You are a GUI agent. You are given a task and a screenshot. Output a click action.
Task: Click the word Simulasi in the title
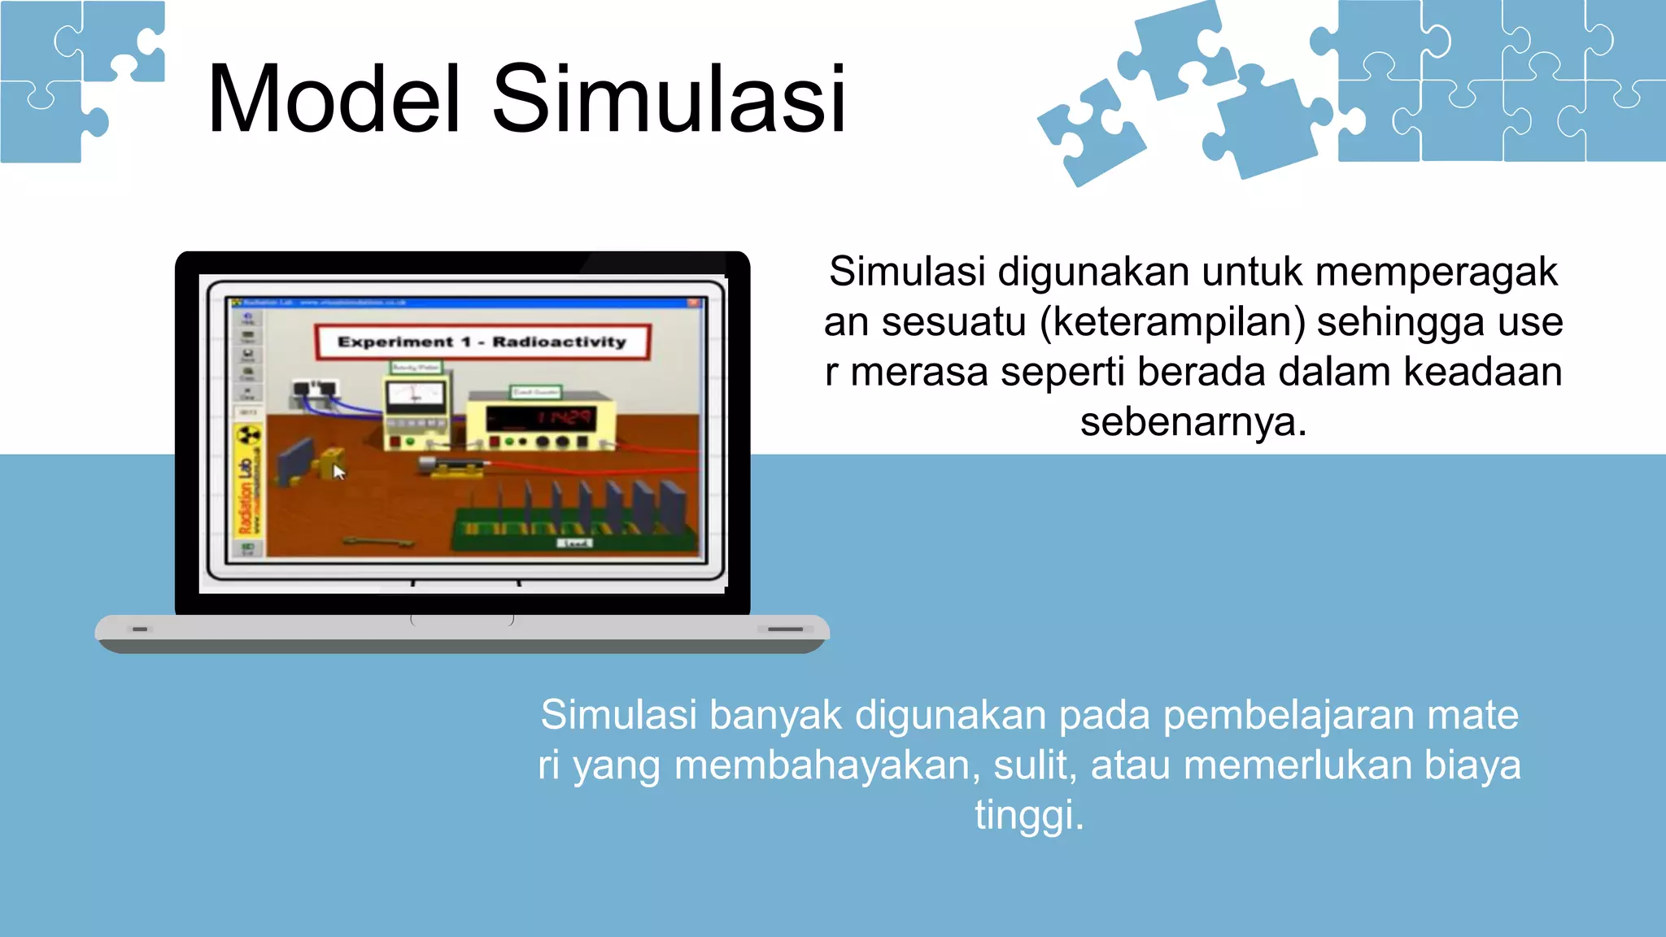(669, 99)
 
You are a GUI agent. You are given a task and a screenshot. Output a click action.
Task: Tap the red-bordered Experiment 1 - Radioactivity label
(482, 342)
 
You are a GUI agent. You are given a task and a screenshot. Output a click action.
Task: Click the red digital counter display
(563, 418)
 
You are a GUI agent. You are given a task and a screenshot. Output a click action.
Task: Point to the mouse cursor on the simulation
(338, 472)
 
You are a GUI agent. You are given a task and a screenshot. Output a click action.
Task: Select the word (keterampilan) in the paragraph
(1172, 322)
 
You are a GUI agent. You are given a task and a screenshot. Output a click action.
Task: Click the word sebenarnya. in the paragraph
(1193, 422)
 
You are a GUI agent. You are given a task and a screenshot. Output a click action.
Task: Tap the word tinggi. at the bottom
(1029, 815)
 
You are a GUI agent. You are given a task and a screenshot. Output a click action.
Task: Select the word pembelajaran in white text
(1289, 716)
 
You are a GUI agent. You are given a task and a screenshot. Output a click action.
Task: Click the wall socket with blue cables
(314, 393)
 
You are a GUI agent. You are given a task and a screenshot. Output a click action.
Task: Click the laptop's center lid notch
(462, 620)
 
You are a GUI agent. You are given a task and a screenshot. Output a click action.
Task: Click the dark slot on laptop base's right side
(785, 629)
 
